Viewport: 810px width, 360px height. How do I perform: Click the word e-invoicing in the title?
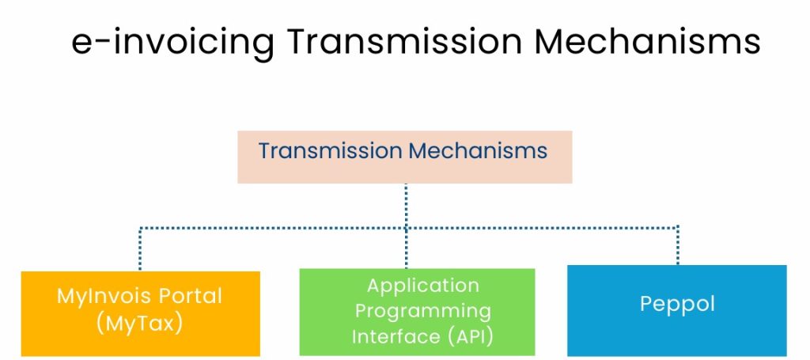pos(172,43)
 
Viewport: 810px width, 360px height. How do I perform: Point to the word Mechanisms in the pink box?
pos(478,151)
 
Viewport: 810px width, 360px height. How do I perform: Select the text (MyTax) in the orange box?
pos(139,323)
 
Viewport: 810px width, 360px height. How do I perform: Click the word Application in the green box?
pos(423,286)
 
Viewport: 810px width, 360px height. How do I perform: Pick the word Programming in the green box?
pos(423,312)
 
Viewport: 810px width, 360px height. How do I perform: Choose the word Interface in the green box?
pos(393,337)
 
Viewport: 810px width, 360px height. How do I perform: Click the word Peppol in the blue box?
pos(677,304)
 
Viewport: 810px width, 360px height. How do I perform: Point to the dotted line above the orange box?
pos(139,248)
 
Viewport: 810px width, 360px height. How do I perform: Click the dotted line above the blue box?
pos(678,246)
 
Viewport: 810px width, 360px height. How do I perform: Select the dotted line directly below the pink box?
pos(406,206)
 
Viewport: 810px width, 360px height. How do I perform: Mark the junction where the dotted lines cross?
pos(406,228)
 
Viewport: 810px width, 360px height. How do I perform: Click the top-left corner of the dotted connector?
pos(139,228)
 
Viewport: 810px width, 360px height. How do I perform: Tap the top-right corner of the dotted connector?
pos(678,227)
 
